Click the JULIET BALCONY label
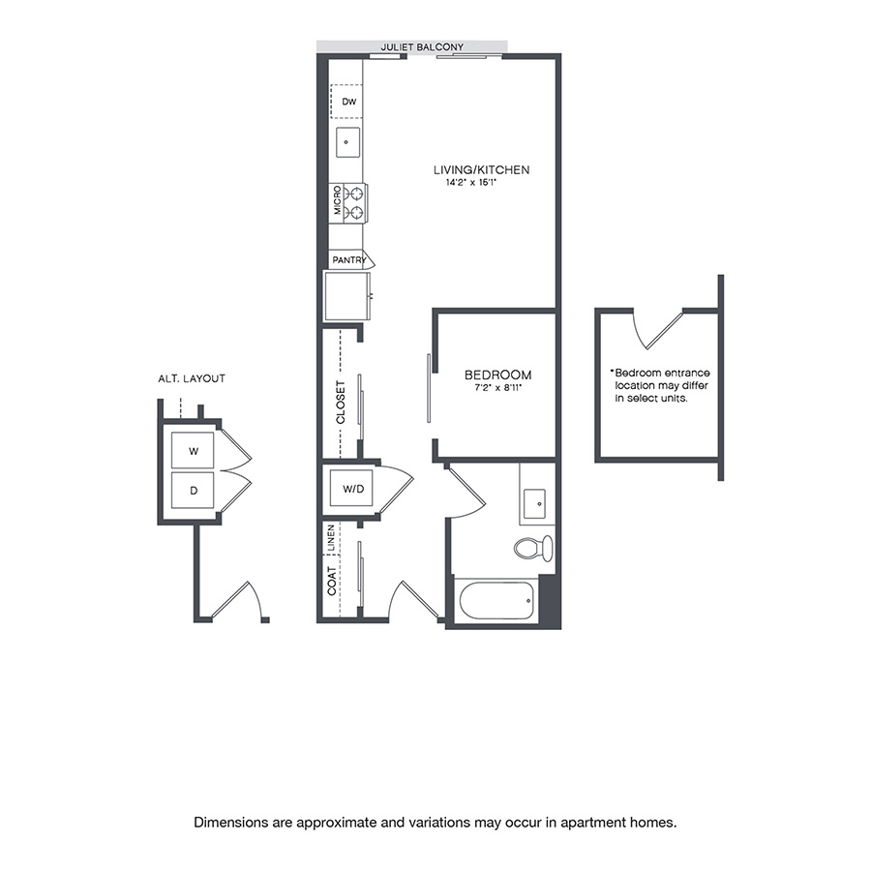422,46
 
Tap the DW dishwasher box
347,101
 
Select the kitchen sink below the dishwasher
346,141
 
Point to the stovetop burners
355,202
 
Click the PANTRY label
348,260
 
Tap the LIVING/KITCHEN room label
481,170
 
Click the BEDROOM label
497,375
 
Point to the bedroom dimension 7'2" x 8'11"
497,388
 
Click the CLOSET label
340,402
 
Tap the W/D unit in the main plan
352,489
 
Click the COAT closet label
332,584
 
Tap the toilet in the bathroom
531,548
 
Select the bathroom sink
533,501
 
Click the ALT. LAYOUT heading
191,378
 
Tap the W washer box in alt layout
194,450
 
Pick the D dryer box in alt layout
194,491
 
